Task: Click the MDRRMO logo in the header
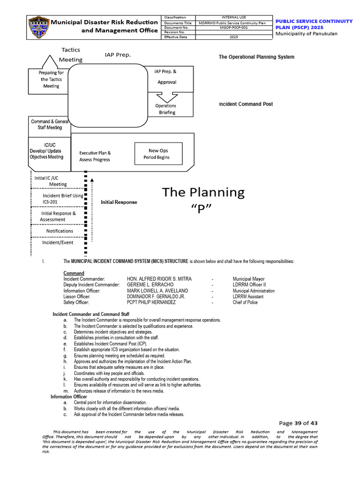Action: coord(38,27)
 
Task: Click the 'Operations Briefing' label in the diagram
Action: coord(167,109)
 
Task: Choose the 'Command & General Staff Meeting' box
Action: coord(50,124)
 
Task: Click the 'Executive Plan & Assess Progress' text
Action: coord(95,156)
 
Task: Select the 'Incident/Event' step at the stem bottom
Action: coord(58,242)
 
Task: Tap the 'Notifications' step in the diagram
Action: coord(60,231)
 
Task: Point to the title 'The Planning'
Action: coord(203,192)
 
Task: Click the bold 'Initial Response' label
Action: coord(119,202)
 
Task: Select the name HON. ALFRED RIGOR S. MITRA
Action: coord(159,279)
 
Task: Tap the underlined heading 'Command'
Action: coord(74,273)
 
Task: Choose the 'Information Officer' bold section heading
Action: coord(69,397)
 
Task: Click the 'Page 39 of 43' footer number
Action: coord(298,423)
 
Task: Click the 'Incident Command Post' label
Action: coord(246,104)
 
